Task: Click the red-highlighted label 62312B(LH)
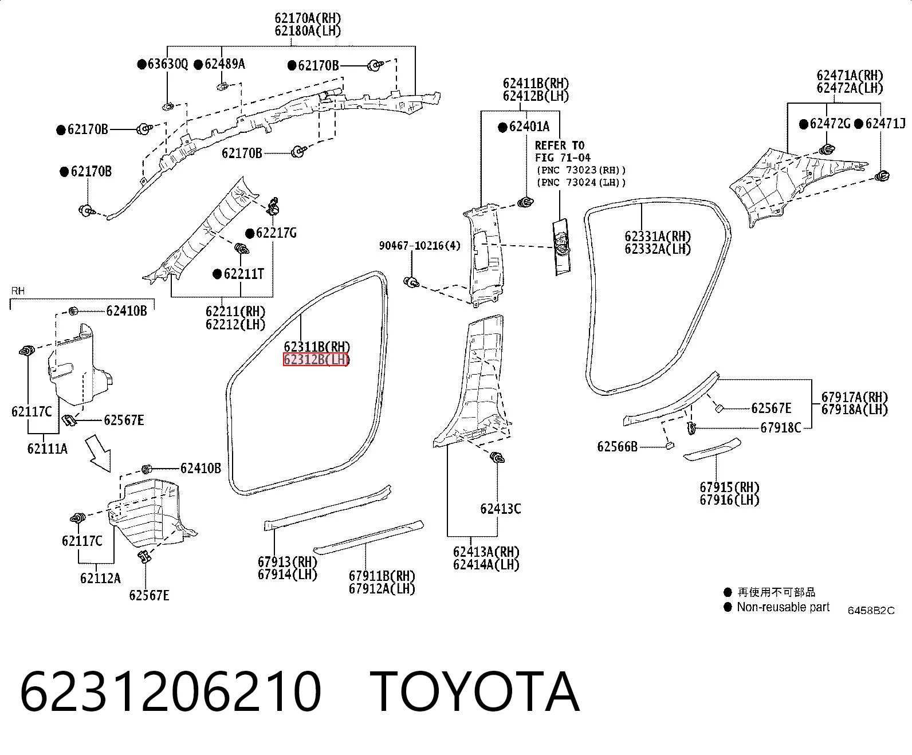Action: pyautogui.click(x=316, y=359)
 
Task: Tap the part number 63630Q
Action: pyautogui.click(x=168, y=64)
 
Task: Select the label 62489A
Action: pyautogui.click(x=225, y=64)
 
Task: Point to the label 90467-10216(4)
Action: pyautogui.click(x=420, y=246)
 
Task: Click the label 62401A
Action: pyautogui.click(x=529, y=127)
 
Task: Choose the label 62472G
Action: pyautogui.click(x=830, y=124)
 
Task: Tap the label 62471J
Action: pyautogui.click(x=885, y=124)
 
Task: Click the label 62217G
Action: pyautogui.click(x=276, y=233)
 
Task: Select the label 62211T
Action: pyautogui.click(x=243, y=274)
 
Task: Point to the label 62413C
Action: pyautogui.click(x=501, y=509)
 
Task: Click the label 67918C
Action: pyautogui.click(x=781, y=427)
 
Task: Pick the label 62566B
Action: pyautogui.click(x=618, y=447)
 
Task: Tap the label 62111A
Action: pyautogui.click(x=47, y=449)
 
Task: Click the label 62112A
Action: pyautogui.click(x=100, y=578)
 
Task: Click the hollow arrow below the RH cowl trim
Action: pyautogui.click(x=99, y=453)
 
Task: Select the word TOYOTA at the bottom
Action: pyautogui.click(x=475, y=692)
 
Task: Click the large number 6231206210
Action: pyautogui.click(x=170, y=692)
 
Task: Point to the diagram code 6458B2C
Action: pyautogui.click(x=871, y=611)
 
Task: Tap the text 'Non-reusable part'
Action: pyautogui.click(x=783, y=607)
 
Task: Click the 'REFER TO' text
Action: pyautogui.click(x=560, y=145)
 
